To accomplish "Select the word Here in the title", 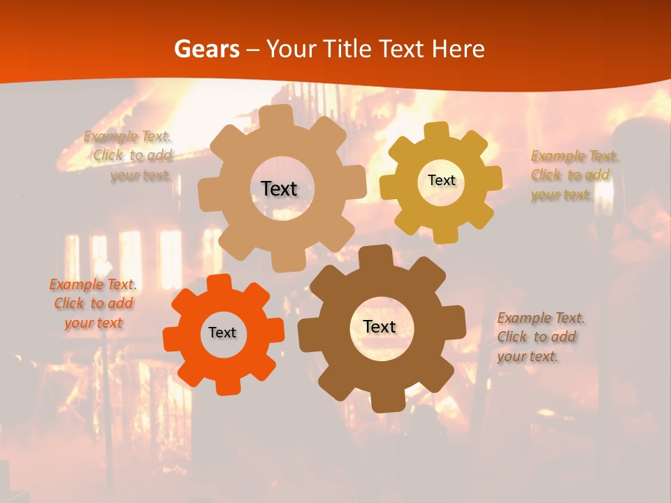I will (459, 49).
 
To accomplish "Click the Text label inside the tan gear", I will (279, 189).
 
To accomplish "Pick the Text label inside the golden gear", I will (441, 180).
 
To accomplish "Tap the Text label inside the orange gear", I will (222, 333).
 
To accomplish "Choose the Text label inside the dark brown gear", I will (380, 326).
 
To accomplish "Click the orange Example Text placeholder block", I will (93, 303).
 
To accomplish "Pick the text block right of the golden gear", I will (575, 175).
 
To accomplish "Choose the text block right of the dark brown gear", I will (540, 337).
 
